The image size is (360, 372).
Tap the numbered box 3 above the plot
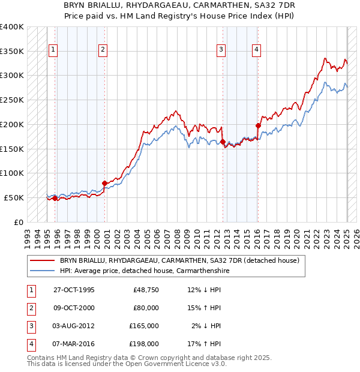coord(221,50)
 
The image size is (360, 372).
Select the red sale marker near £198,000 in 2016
coord(258,126)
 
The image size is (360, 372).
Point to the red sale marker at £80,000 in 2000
coord(104,183)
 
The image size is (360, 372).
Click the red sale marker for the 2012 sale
coord(223,142)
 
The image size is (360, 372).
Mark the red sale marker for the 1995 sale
coord(55,198)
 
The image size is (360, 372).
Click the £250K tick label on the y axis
coord(12,100)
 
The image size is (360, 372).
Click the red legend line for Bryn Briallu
coord(42,260)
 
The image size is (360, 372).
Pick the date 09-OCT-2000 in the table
coord(74,308)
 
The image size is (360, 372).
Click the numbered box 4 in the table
coord(29,344)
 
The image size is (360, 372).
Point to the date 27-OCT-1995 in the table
coord(74,290)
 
